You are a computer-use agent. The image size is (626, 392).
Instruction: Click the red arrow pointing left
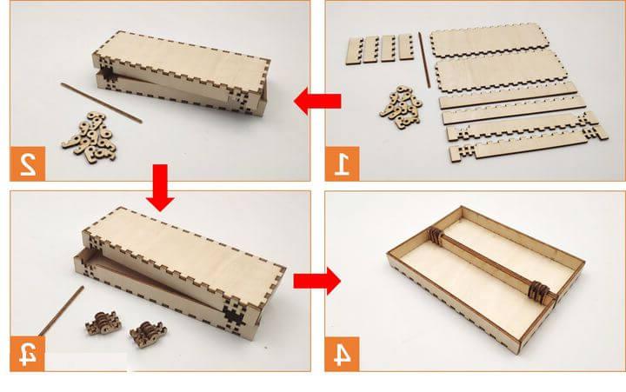tap(317, 101)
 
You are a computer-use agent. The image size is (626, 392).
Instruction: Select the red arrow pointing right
tap(317, 282)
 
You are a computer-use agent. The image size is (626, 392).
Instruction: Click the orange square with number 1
tap(343, 163)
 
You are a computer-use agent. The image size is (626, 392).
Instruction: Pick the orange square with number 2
tap(28, 163)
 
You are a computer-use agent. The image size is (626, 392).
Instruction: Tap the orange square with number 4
tap(342, 354)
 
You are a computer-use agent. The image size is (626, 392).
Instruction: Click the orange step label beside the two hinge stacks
tap(28, 354)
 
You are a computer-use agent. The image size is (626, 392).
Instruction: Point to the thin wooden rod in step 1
tap(424, 60)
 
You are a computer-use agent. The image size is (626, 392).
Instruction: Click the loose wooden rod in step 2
tap(101, 103)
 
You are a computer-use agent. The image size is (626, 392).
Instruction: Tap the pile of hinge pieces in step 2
tap(90, 137)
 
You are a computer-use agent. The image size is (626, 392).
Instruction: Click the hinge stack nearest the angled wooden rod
tap(103, 323)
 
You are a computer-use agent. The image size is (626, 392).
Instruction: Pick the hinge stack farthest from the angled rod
tap(148, 333)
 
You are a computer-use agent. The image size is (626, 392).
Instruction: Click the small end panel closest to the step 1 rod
tap(406, 48)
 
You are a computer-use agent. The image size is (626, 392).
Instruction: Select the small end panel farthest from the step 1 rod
tap(355, 50)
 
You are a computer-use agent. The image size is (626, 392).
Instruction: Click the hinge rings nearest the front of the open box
tap(538, 290)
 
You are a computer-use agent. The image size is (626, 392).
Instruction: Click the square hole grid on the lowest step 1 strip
tap(463, 152)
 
